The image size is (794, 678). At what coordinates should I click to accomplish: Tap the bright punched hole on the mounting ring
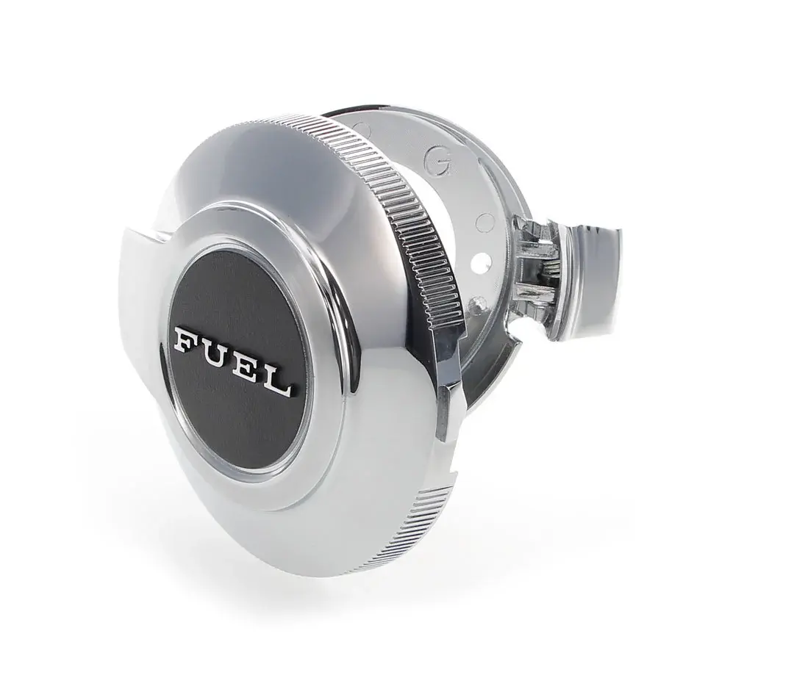(x=479, y=262)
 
